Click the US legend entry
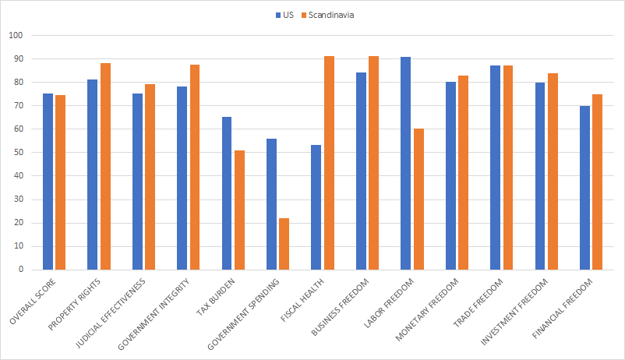click(284, 15)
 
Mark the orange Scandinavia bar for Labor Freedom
click(418, 199)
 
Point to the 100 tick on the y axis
click(16, 36)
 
